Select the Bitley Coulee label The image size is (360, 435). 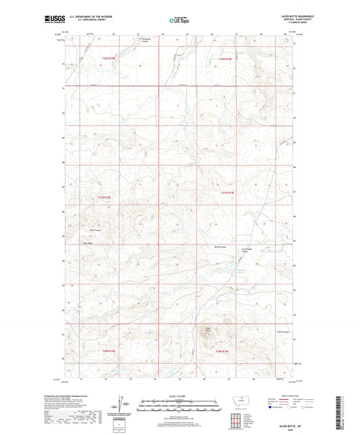pos(218,247)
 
